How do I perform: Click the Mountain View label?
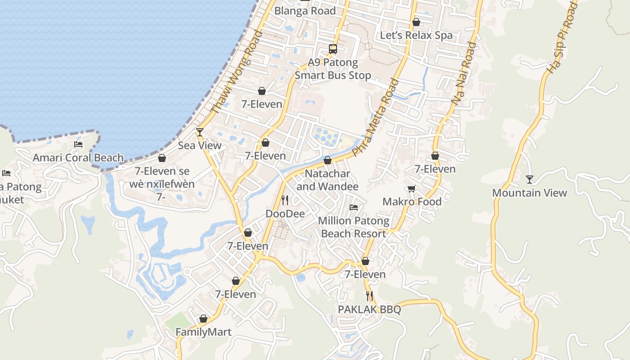point(529,193)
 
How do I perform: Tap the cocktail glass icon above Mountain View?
point(529,180)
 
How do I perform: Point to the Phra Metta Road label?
point(376,117)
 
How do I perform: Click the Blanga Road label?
point(305,11)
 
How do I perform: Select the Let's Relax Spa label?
point(416,36)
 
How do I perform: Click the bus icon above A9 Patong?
point(333,49)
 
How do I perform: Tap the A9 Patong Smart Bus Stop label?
point(333,69)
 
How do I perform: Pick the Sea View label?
point(200,145)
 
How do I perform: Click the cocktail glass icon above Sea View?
point(200,132)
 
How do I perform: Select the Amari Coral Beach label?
point(78,158)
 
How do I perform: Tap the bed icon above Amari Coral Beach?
point(78,144)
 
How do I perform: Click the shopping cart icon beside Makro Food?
point(411,189)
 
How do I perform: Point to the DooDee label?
point(285,214)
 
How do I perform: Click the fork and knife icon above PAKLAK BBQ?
point(369,296)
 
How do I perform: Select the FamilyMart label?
point(203,332)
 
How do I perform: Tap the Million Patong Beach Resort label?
point(354,227)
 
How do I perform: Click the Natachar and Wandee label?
point(328,180)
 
